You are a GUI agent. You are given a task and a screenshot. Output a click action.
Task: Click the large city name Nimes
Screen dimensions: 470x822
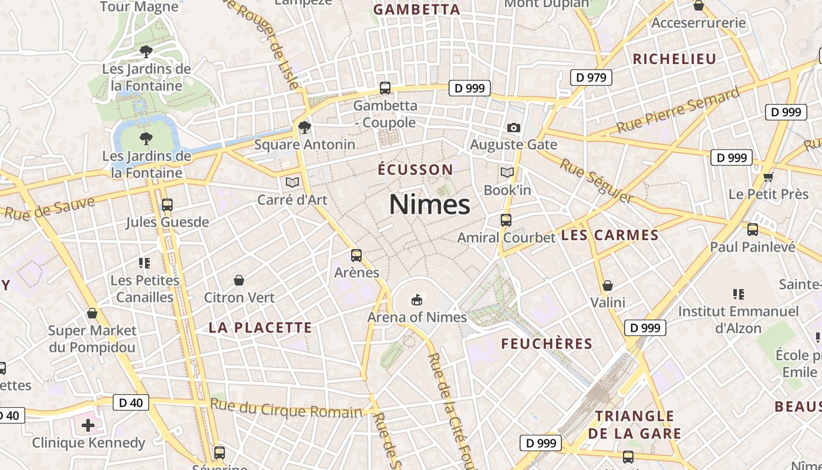pos(429,204)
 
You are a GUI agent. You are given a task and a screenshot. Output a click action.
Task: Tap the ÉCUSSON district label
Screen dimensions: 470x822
pos(415,170)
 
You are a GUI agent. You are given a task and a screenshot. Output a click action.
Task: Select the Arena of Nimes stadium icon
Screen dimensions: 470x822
pos(417,300)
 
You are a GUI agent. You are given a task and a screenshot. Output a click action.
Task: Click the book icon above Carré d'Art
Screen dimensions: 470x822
pos(292,182)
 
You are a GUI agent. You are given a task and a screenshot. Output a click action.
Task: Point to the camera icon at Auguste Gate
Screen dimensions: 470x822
pos(514,127)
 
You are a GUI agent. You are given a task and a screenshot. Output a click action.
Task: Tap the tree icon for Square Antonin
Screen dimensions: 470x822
pos(304,127)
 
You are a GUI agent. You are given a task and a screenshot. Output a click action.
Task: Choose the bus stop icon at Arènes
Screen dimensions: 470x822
pos(356,256)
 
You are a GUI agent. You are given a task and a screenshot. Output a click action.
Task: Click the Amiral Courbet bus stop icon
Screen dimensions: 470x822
pos(506,220)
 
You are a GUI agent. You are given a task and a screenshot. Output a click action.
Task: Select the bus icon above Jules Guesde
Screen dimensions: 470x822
pos(167,205)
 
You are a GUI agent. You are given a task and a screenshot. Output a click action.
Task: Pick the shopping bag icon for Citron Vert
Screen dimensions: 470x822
pos(239,280)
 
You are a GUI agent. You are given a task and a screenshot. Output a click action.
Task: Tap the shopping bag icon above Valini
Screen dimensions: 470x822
pos(608,286)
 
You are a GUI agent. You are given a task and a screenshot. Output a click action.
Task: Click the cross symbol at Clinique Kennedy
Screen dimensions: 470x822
pos(88,425)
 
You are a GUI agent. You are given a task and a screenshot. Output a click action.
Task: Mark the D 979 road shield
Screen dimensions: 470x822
pos(591,78)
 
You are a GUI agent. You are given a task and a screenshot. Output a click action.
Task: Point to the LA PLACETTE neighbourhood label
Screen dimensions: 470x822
pos(260,328)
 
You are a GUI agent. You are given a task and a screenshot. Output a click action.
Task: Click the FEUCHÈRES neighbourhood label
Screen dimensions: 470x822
pos(546,344)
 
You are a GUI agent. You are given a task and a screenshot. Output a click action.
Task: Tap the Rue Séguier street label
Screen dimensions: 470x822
pos(595,180)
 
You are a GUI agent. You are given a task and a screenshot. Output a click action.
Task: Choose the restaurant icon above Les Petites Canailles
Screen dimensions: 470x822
pos(144,263)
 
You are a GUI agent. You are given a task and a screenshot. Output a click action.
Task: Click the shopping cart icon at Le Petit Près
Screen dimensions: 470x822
pos(768,177)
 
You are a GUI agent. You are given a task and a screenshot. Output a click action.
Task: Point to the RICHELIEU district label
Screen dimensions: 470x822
pos(675,59)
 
